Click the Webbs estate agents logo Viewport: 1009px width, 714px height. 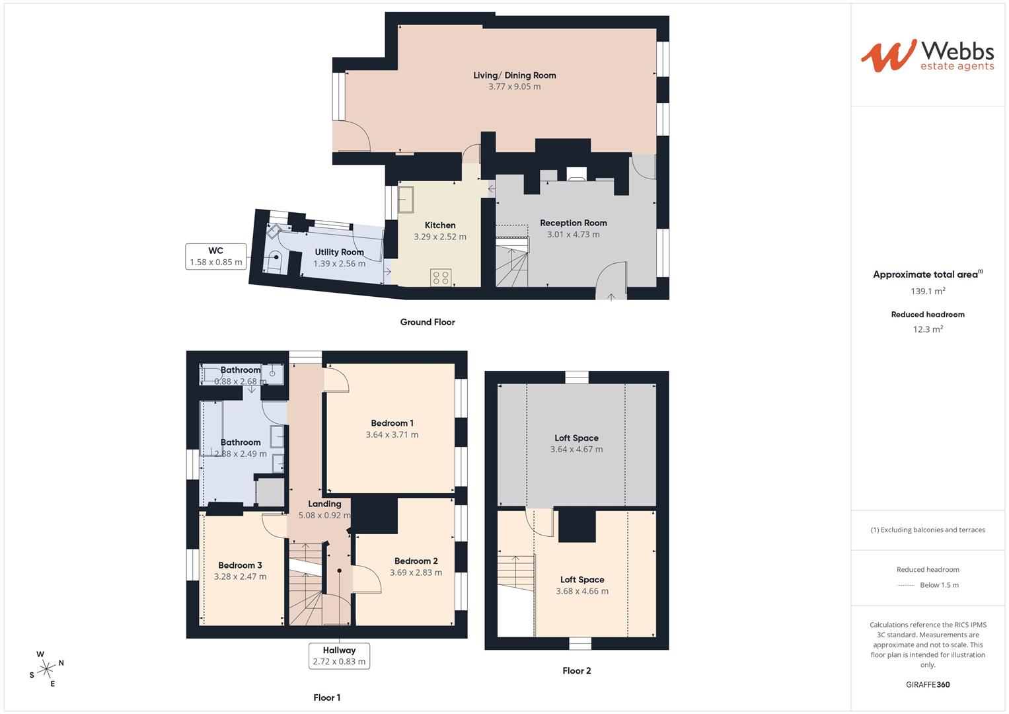(x=927, y=56)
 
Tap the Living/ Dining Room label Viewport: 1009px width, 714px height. (x=514, y=75)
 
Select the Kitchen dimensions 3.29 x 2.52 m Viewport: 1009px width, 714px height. (x=440, y=237)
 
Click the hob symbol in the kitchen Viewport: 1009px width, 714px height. (x=441, y=278)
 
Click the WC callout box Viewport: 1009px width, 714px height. (x=216, y=257)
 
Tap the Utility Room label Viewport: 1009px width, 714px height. (x=339, y=252)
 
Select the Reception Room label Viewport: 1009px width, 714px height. (x=573, y=223)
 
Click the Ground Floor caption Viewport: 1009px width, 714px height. (x=428, y=322)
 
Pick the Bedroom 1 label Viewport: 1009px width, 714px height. (x=392, y=423)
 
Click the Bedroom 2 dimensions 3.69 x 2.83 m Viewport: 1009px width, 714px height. (x=416, y=573)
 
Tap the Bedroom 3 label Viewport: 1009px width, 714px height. (x=240, y=565)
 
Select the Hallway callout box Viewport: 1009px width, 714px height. (x=339, y=656)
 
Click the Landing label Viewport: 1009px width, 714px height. (x=324, y=504)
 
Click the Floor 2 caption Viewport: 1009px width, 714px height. (x=576, y=670)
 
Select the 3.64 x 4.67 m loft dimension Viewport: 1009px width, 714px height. (x=576, y=449)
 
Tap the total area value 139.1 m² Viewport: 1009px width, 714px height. (x=928, y=291)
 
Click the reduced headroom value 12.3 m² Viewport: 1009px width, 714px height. (x=928, y=329)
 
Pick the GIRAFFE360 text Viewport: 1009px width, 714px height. (x=928, y=684)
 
